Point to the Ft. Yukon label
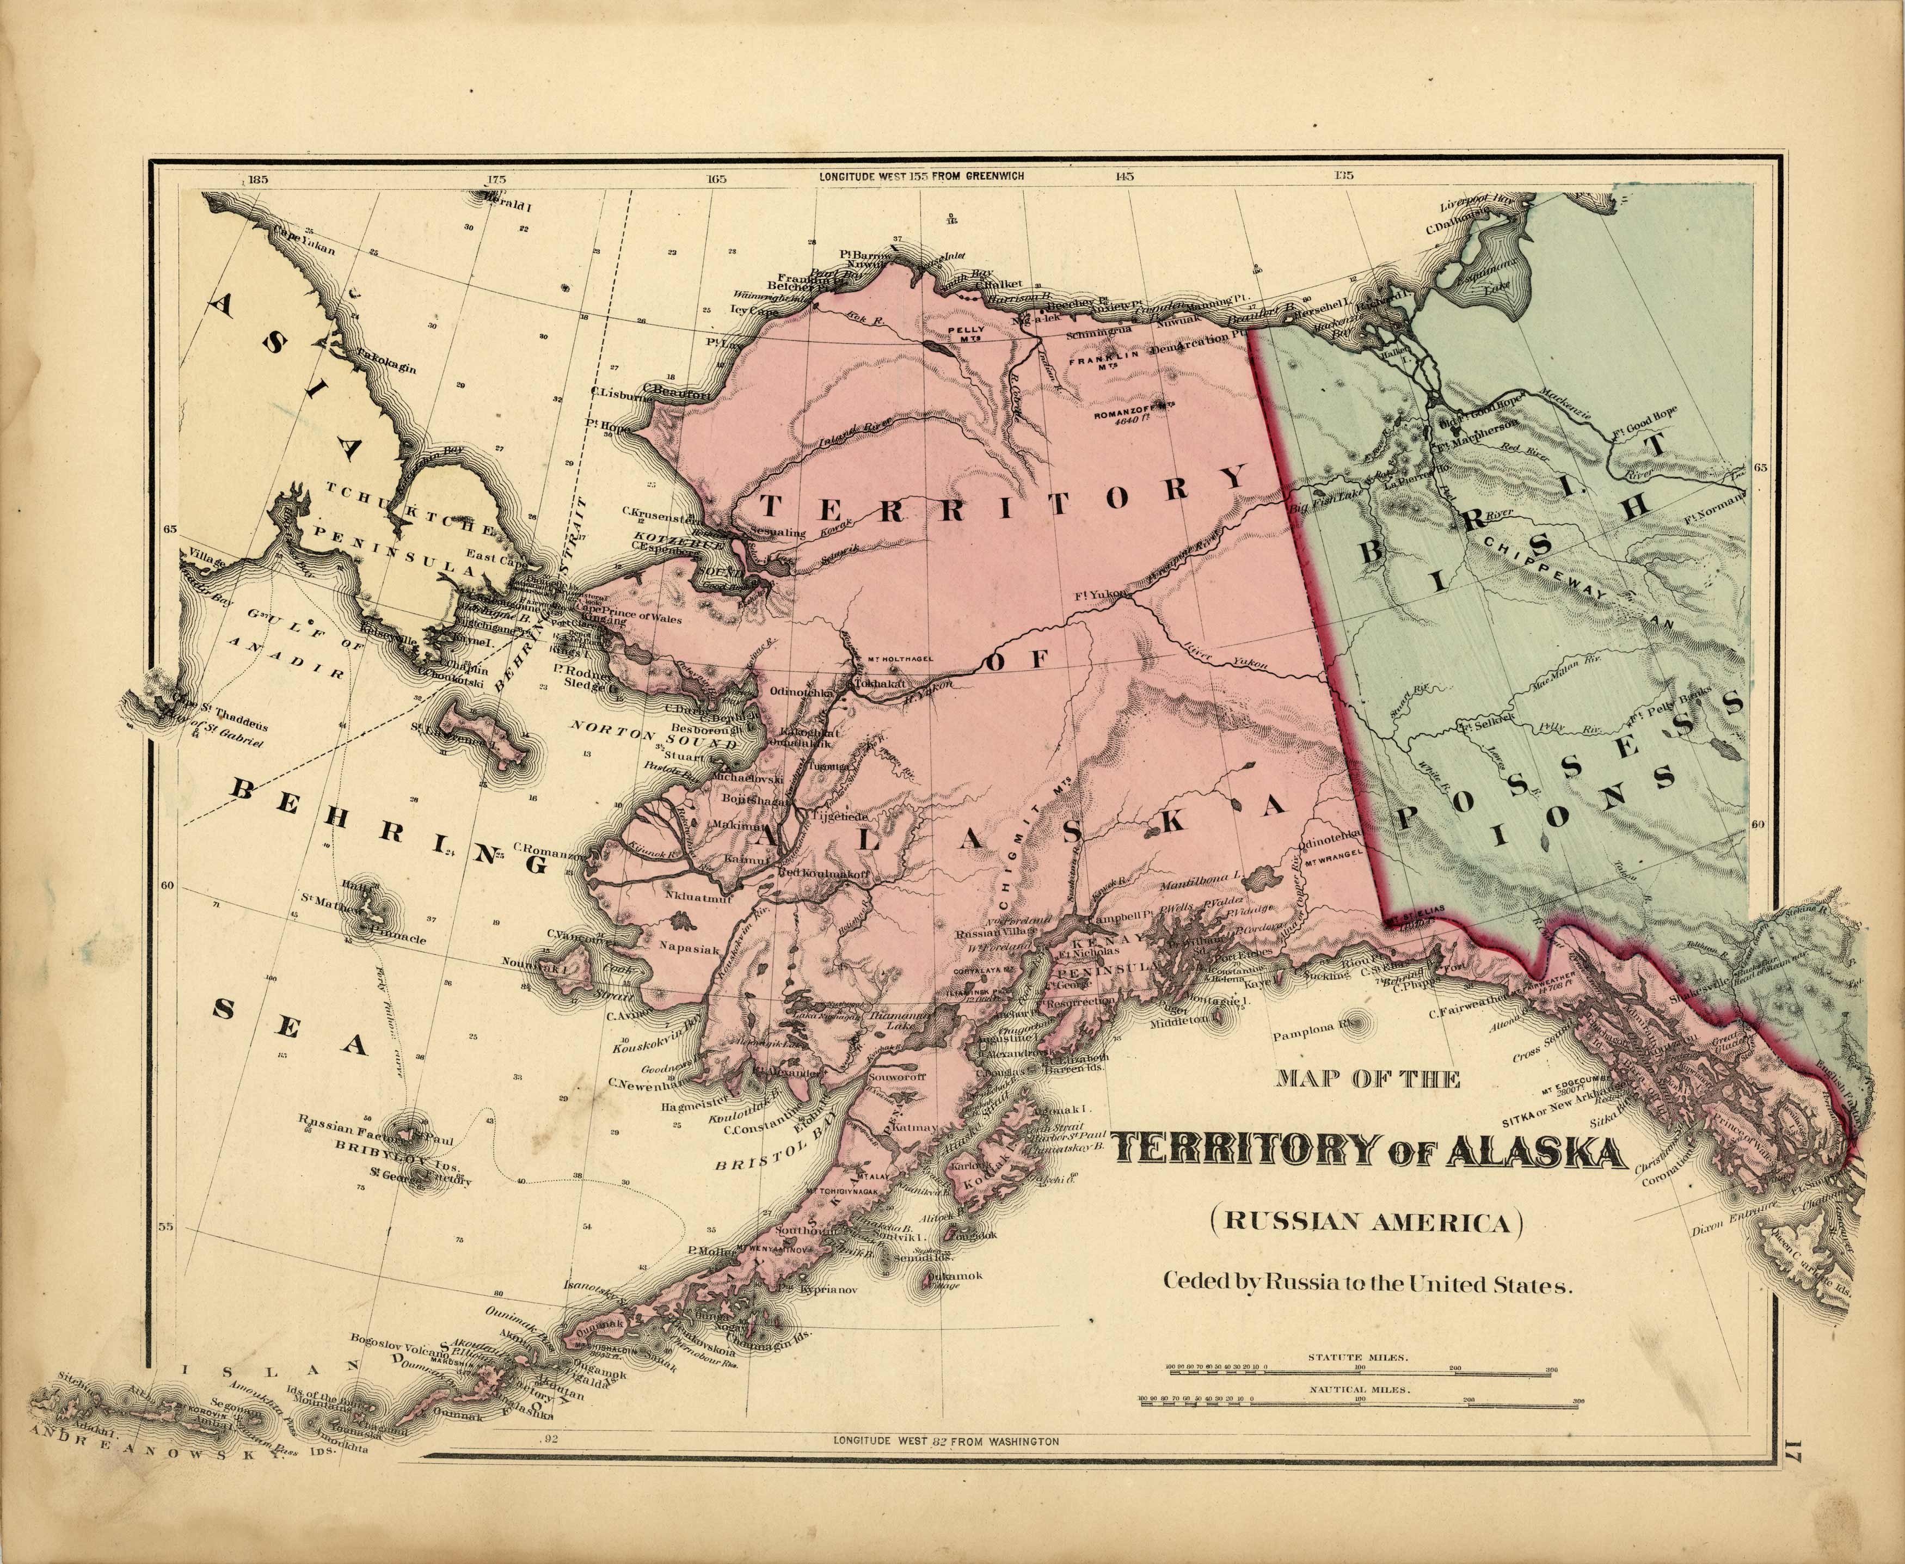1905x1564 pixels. (x=1100, y=594)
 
